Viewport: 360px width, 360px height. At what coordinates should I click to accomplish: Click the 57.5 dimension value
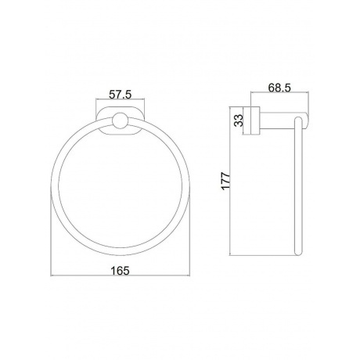pyautogui.click(x=120, y=95)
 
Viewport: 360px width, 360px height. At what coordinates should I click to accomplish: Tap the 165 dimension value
pyautogui.click(x=120, y=271)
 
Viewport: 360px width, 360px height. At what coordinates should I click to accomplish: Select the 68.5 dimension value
pyautogui.click(x=279, y=88)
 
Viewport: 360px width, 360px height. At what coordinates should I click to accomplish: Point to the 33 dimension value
pyautogui.click(x=239, y=121)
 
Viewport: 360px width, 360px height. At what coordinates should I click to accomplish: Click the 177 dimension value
pyautogui.click(x=225, y=181)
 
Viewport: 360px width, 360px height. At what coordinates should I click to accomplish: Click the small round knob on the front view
pyautogui.click(x=120, y=121)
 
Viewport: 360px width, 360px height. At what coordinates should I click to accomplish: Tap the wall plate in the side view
pyautogui.click(x=255, y=121)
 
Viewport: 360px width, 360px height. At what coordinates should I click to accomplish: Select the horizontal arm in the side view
pyautogui.click(x=284, y=121)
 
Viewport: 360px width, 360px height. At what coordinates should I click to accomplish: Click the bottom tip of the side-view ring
pyautogui.click(x=298, y=254)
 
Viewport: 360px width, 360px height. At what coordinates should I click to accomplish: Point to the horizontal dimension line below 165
pyautogui.click(x=120, y=275)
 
